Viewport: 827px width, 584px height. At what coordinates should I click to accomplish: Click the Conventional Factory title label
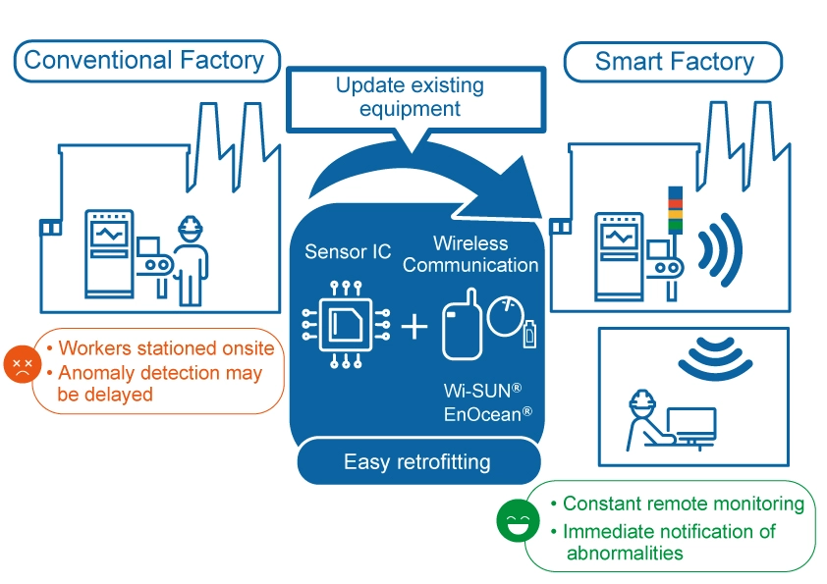click(144, 60)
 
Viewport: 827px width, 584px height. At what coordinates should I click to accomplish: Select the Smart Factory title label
click(674, 62)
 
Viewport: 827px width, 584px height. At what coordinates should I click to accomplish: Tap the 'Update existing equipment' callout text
click(410, 96)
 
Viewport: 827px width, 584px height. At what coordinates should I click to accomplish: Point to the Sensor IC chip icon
click(347, 325)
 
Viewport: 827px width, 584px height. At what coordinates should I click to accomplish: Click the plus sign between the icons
click(414, 326)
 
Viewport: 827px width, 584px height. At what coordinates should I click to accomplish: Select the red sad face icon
click(21, 365)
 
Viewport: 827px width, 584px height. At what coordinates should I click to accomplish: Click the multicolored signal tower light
click(673, 209)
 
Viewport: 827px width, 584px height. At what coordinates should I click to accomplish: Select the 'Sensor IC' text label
click(348, 252)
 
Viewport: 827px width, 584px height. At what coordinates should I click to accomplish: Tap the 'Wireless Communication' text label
click(470, 253)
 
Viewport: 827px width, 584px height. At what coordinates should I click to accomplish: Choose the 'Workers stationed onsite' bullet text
click(166, 348)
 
